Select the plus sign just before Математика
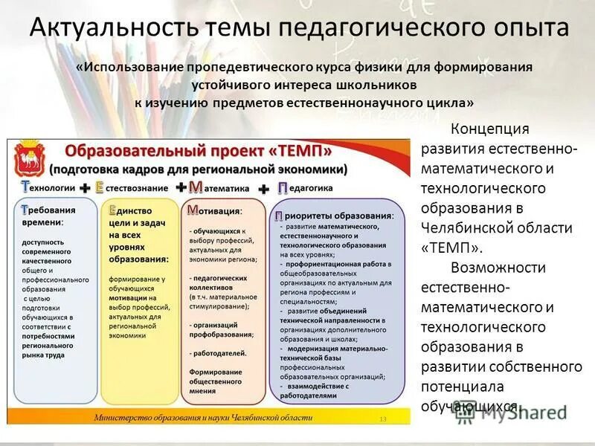click(181, 188)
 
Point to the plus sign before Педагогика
click(263, 190)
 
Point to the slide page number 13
click(383, 419)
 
